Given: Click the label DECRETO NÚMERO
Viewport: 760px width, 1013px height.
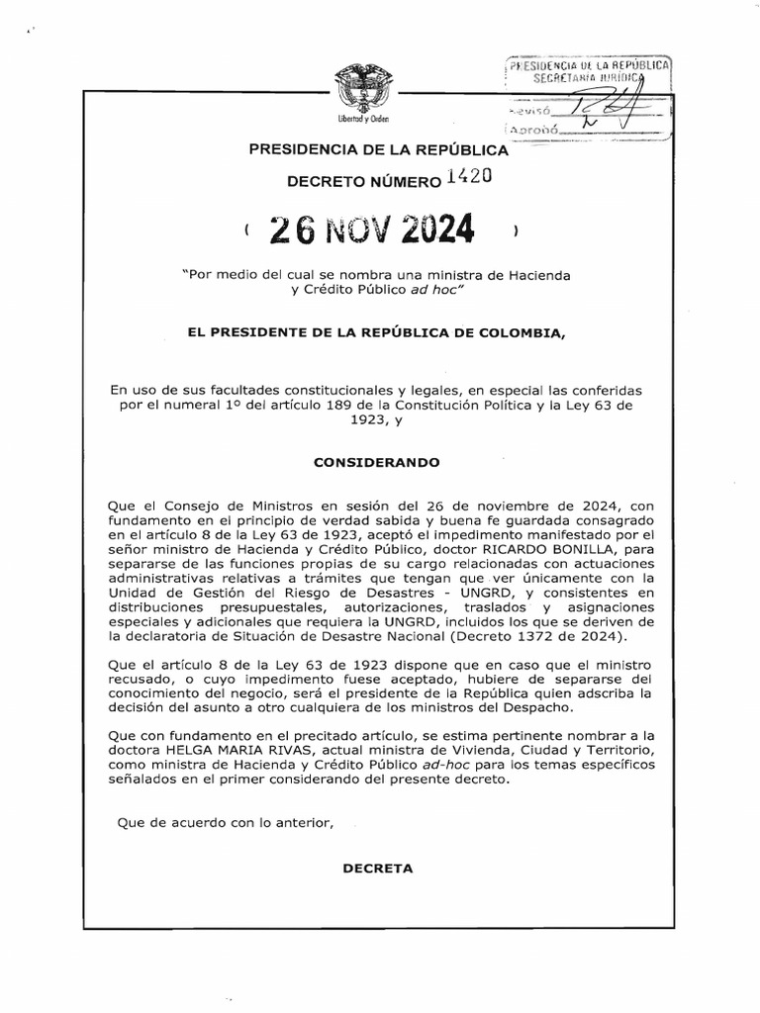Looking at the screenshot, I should pyautogui.click(x=362, y=182).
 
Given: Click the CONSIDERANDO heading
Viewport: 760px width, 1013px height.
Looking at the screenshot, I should pyautogui.click(x=376, y=462).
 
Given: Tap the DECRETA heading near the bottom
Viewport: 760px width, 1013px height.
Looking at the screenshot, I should pyautogui.click(x=376, y=869).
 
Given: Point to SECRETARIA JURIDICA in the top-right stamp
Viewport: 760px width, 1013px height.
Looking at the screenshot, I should pyautogui.click(x=587, y=77).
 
